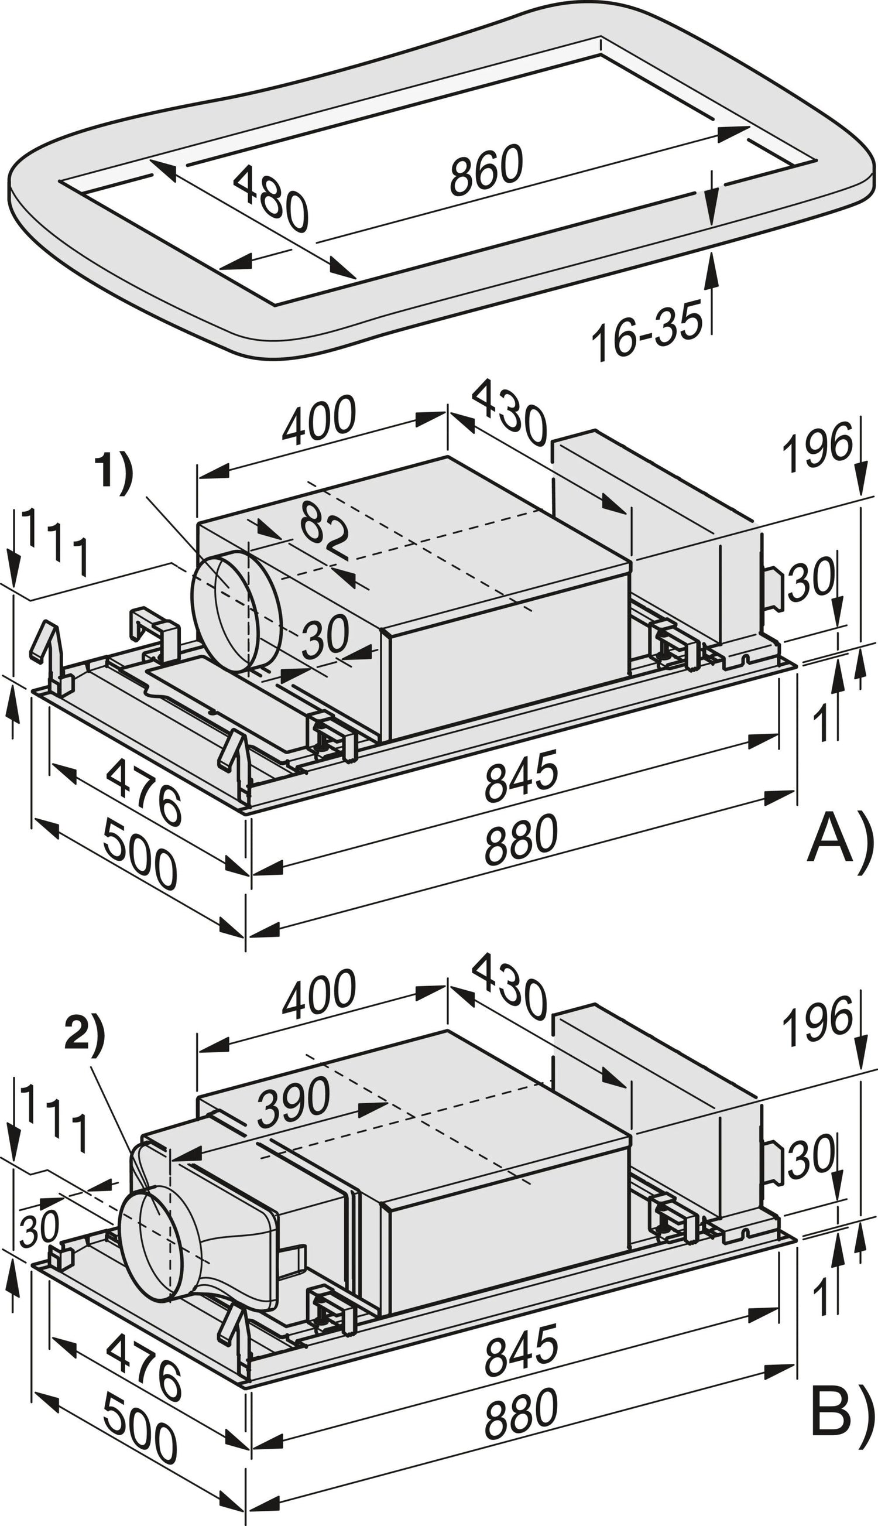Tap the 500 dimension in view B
click(140, 1371)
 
